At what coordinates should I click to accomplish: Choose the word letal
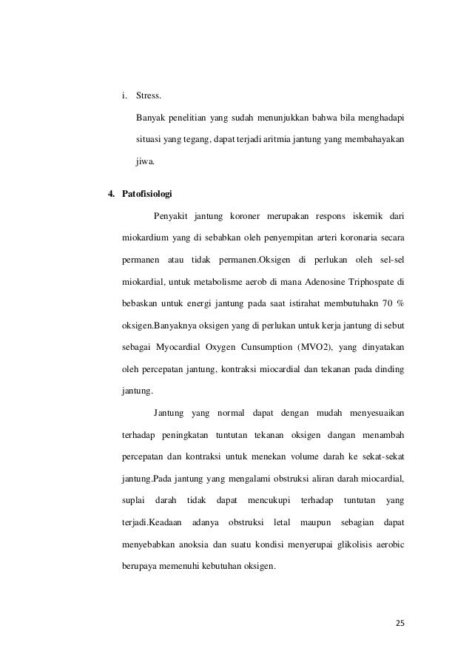(282, 523)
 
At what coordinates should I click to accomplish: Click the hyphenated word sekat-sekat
(380, 457)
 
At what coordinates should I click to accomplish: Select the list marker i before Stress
(123, 96)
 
